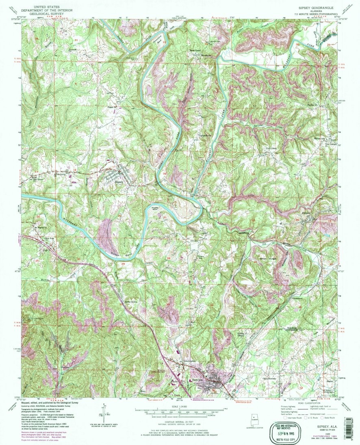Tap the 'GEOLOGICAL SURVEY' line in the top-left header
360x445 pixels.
tap(46, 13)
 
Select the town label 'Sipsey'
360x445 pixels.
tap(119, 182)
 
